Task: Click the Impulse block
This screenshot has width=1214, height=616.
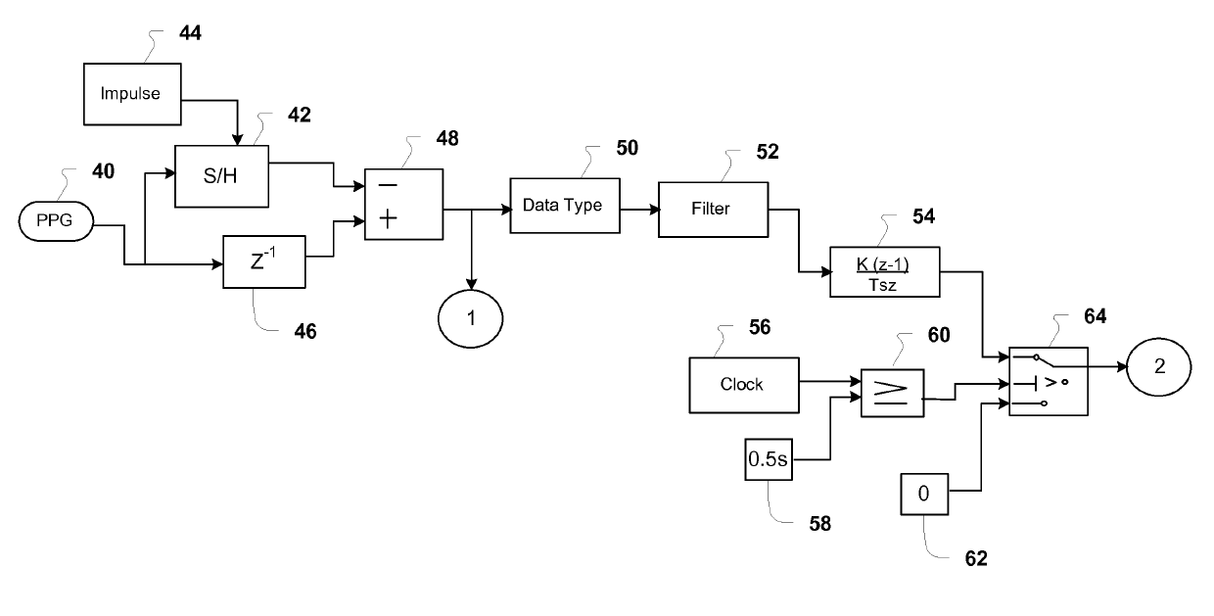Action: [132, 94]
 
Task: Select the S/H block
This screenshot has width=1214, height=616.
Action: [221, 176]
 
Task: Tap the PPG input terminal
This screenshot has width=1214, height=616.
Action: [56, 221]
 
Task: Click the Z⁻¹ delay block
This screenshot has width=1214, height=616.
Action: [264, 261]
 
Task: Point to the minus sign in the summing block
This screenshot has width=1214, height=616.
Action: [388, 186]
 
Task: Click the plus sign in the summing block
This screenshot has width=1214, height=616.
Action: [388, 219]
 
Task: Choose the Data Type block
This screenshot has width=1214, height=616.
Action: [565, 206]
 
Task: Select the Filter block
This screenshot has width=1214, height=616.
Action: [713, 210]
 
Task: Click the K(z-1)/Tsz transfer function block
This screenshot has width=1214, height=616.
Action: [885, 272]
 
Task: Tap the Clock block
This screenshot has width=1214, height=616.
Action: [744, 385]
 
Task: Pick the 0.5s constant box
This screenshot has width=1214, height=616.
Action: [769, 459]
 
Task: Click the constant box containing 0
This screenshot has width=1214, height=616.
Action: [924, 494]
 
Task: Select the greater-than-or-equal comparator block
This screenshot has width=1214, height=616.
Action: [893, 393]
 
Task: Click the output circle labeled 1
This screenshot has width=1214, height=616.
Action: [470, 319]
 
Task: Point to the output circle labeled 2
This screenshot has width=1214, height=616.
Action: [1159, 367]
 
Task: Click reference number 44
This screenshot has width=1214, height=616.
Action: [190, 33]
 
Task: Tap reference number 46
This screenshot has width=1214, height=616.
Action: [305, 331]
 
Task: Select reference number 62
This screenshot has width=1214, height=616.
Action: [976, 558]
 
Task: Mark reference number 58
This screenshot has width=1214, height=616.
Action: [820, 524]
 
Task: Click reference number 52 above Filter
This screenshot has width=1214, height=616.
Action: [768, 152]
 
